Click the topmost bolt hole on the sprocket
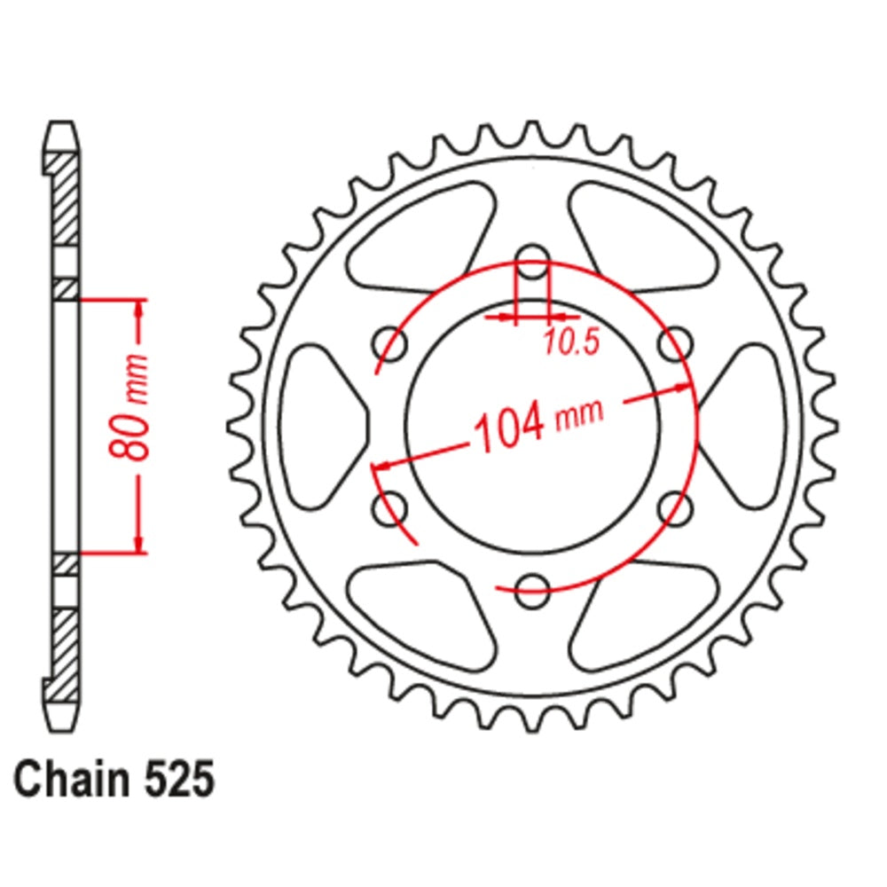532,261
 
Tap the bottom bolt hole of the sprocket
532,590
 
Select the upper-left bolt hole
389,342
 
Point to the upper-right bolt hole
676,342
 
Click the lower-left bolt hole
389,508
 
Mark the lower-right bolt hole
676,508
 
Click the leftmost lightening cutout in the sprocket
324,426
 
